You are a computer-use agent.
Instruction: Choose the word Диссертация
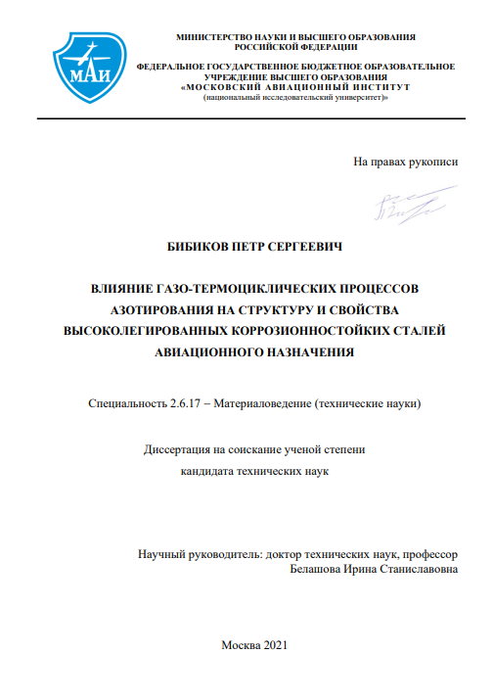[182, 450]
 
